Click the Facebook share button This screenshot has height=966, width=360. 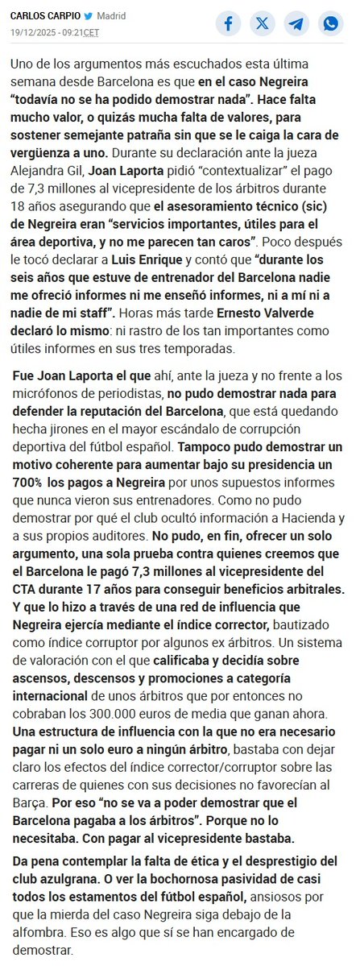tap(229, 23)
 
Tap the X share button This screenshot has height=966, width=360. tap(263, 23)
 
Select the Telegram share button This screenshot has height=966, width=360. tap(296, 23)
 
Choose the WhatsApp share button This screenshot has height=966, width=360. tap(330, 23)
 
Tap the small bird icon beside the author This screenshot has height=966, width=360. tap(88, 16)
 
